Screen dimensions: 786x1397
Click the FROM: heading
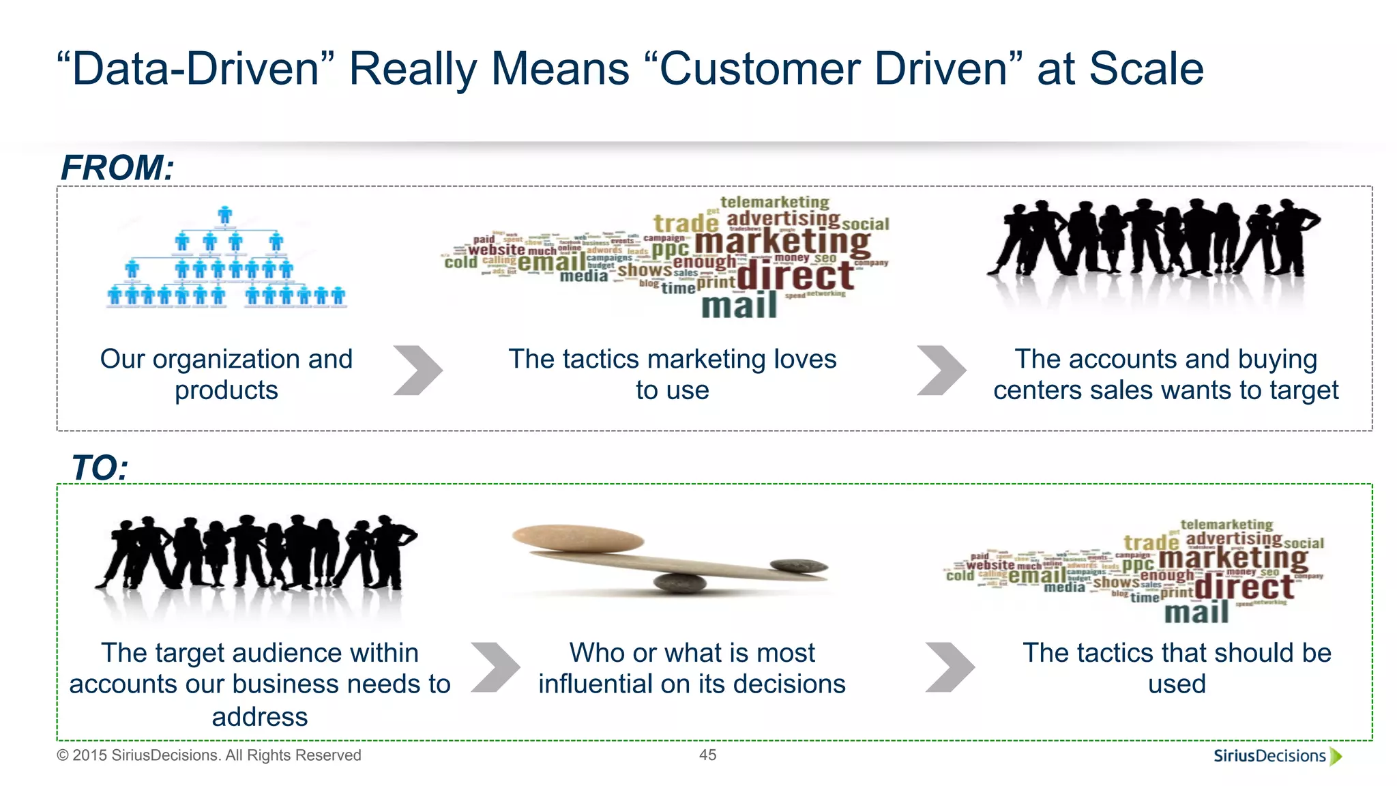point(117,168)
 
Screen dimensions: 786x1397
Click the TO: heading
point(100,468)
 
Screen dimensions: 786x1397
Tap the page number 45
point(707,755)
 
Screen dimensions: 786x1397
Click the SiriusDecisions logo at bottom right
point(1276,756)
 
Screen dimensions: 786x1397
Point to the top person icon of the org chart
point(224,215)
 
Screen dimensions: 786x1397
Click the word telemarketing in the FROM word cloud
point(775,202)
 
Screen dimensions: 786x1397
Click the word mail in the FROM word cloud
point(739,306)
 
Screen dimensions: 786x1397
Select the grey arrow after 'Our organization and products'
point(417,370)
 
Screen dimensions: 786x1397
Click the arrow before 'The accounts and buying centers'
point(941,370)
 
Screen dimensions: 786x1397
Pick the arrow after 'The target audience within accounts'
point(495,667)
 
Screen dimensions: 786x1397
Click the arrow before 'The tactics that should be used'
point(950,667)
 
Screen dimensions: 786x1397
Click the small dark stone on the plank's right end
point(799,566)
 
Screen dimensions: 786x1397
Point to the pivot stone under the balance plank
point(679,583)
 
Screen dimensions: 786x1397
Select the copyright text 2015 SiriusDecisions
point(209,755)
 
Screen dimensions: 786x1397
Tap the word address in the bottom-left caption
point(260,717)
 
